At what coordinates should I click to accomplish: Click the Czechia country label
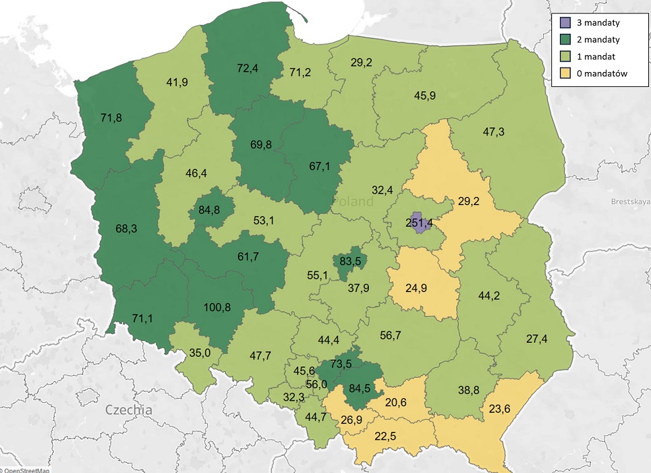128,410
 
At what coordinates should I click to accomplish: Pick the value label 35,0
199,352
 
